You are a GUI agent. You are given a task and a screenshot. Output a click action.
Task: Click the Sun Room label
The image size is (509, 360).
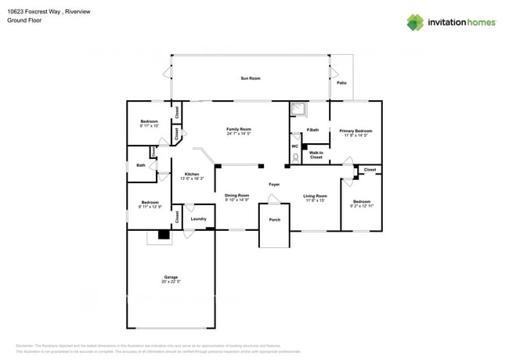(250, 78)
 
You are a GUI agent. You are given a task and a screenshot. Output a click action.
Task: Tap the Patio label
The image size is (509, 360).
(341, 82)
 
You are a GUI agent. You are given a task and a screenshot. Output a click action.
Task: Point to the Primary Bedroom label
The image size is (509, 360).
(356, 131)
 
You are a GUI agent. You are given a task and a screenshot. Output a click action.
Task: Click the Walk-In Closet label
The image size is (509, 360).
(316, 155)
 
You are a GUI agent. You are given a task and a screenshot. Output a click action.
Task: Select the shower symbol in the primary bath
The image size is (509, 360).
(298, 109)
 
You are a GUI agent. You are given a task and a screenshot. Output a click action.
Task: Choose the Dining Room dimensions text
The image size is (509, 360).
(237, 200)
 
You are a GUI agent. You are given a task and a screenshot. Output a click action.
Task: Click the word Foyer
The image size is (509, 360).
(274, 185)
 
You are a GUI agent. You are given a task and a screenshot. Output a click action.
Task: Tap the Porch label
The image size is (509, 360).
(274, 220)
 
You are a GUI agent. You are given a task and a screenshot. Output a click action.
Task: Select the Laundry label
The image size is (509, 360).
(198, 218)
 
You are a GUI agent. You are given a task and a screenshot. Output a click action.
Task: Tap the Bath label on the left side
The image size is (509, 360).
(140, 165)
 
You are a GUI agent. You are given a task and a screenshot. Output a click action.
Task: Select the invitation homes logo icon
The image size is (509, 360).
(414, 22)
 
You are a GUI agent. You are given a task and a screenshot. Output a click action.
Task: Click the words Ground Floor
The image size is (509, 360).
(23, 21)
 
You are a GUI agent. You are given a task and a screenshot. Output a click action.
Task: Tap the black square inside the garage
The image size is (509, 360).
(164, 234)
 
